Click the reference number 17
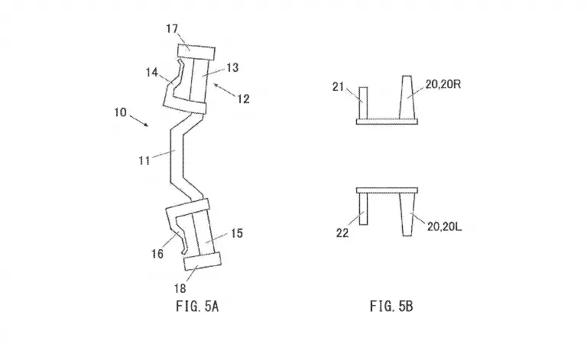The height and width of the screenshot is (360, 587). coord(172,29)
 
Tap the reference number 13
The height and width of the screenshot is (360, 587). coord(232,68)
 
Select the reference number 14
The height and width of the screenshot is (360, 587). coord(151,72)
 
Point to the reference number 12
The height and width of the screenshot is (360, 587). coord(243,99)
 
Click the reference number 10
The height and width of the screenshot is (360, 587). coord(121,112)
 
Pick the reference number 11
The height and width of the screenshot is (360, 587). coord(144,161)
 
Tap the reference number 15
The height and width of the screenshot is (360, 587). coord(237,233)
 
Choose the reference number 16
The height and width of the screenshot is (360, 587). coord(157,254)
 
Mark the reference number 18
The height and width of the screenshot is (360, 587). coord(180,288)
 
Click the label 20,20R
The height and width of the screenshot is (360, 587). coord(443,85)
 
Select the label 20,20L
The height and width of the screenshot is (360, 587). coord(444,226)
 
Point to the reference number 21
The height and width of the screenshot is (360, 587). coord(338,87)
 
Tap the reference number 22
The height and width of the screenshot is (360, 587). coord(342,233)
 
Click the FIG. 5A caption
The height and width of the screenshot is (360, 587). coord(197,306)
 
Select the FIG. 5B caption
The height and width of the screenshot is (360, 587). coord(391,306)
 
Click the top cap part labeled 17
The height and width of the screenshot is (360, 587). coord(196,52)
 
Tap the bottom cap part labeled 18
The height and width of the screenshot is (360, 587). coord(202,261)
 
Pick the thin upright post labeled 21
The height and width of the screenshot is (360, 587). coord(363,103)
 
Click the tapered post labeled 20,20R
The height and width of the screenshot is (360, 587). coord(407,98)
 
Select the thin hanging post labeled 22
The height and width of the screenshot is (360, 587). coord(363,209)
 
